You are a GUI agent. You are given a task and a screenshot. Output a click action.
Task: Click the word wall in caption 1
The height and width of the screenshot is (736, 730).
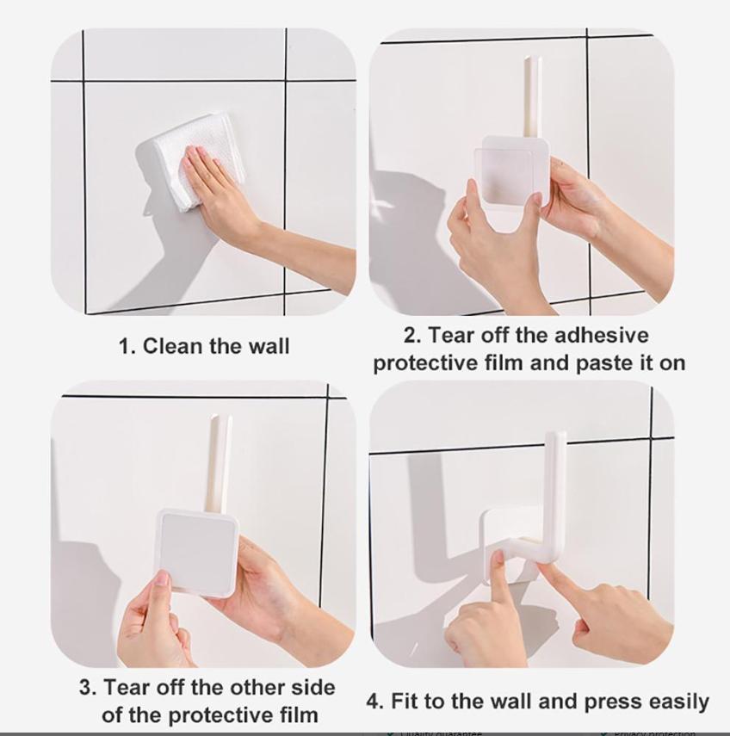[x=269, y=347]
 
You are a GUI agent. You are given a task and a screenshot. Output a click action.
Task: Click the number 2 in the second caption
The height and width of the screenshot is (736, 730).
[x=411, y=335]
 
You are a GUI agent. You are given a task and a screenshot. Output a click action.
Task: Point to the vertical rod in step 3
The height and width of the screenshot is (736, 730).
[x=219, y=461]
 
